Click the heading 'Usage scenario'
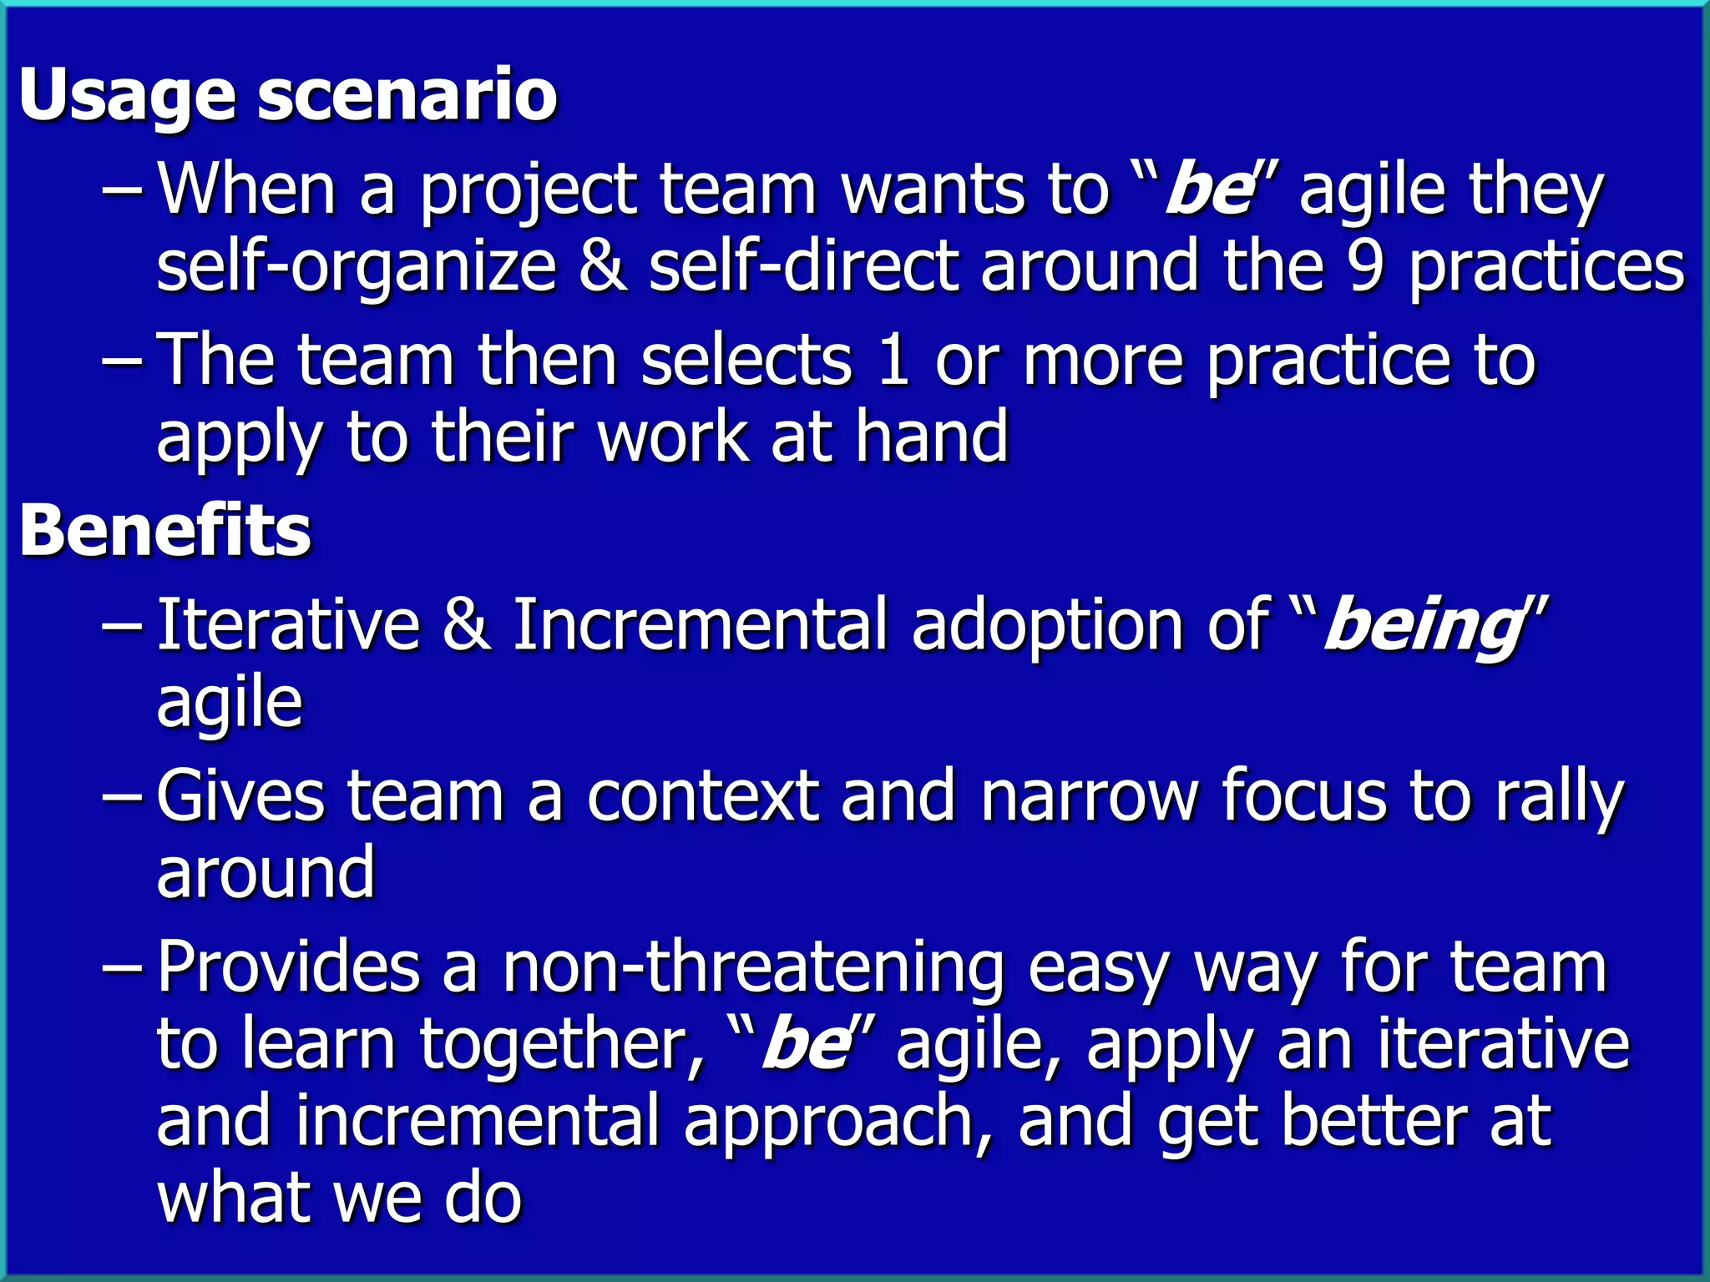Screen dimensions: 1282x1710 [x=288, y=96]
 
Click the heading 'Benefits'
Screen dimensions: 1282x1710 [x=165, y=531]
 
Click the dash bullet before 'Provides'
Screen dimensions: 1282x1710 [x=122, y=968]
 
